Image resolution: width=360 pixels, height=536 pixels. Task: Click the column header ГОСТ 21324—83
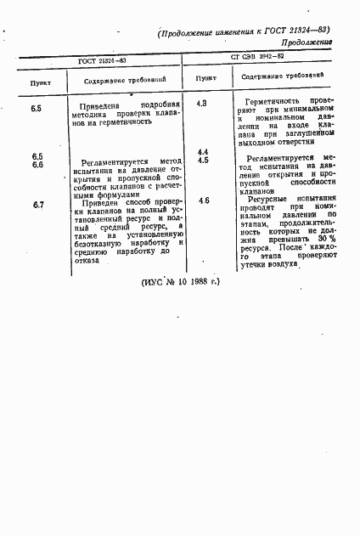pyautogui.click(x=103, y=61)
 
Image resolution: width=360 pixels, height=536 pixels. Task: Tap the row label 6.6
pyautogui.click(x=38, y=165)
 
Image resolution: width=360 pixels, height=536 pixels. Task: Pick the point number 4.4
pyautogui.click(x=203, y=151)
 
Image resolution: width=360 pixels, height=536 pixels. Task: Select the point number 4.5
pyautogui.click(x=203, y=160)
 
